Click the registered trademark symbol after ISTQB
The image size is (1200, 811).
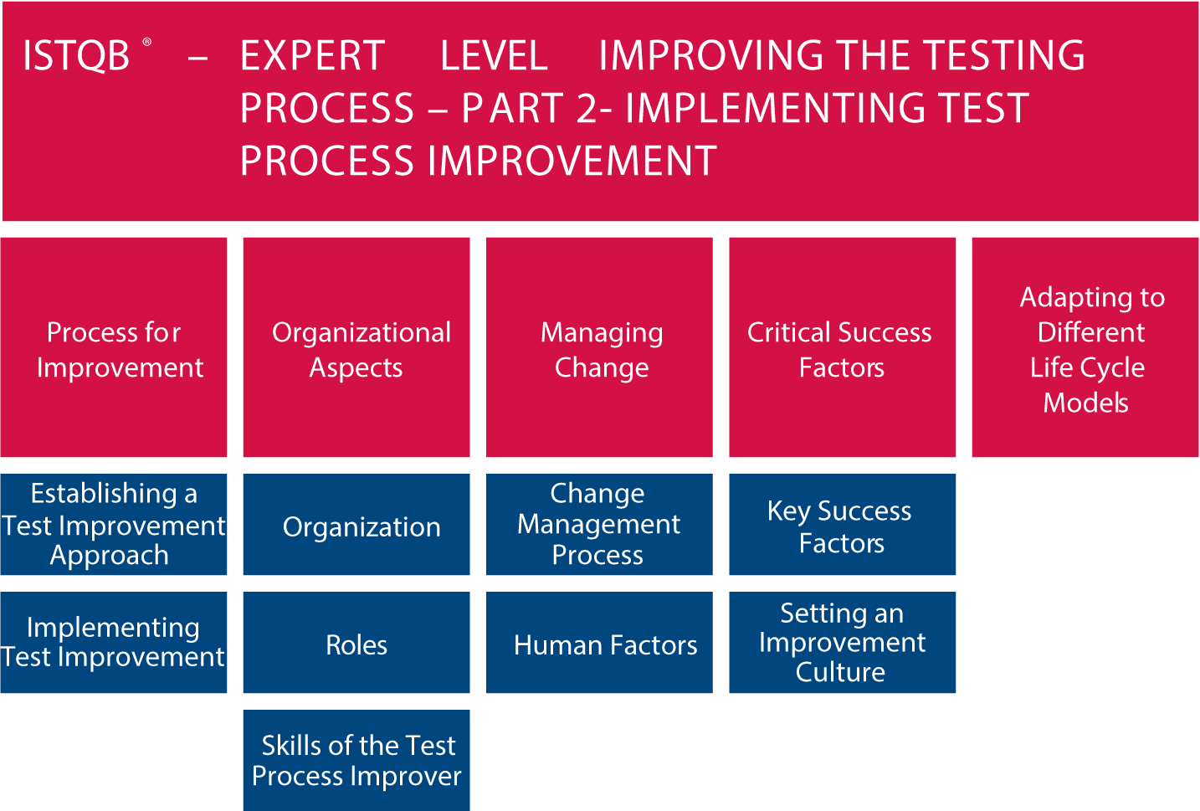(x=146, y=42)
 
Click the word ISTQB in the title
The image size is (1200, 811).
(x=76, y=56)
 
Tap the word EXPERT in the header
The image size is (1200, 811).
(x=312, y=55)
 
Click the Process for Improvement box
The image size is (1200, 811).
(x=114, y=347)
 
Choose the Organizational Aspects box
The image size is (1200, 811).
(x=356, y=347)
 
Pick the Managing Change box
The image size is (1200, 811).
(x=599, y=347)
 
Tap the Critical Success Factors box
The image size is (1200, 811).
(x=842, y=347)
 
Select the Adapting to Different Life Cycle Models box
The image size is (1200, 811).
(x=1085, y=347)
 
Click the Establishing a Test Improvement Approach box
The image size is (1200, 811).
(x=114, y=525)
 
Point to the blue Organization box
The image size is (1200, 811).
(x=356, y=525)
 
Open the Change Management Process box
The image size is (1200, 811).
(x=599, y=525)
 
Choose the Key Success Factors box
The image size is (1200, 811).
(x=842, y=525)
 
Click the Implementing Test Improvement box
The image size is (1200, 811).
(x=114, y=642)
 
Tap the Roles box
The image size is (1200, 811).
(x=356, y=642)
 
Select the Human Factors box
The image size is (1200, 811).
(x=599, y=642)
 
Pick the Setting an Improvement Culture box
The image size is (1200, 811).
(x=842, y=642)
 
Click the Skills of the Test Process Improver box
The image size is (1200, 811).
(x=356, y=760)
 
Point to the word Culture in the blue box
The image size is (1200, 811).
(x=840, y=672)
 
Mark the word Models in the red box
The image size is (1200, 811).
(x=1086, y=403)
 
